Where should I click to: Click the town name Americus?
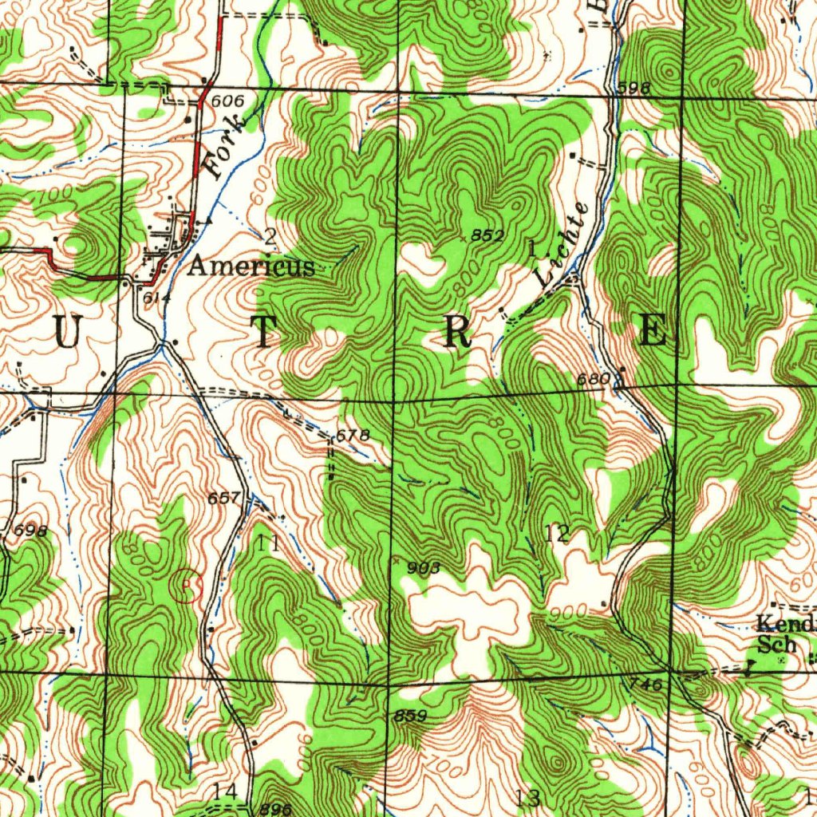(x=251, y=266)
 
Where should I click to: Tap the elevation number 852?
(x=487, y=235)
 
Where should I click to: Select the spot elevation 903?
(x=423, y=568)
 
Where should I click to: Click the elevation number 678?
(x=353, y=436)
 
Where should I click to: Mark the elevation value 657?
(x=223, y=499)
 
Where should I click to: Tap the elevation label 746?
(x=645, y=685)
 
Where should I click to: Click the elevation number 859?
(x=410, y=716)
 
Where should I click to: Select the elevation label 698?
(x=30, y=531)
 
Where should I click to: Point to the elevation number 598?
(x=634, y=88)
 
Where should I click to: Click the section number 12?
(x=557, y=534)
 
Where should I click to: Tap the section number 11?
(x=269, y=544)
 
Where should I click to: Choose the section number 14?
(x=225, y=791)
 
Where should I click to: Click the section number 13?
(x=527, y=797)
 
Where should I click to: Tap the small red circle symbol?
(x=188, y=586)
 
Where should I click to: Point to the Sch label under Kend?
(x=776, y=645)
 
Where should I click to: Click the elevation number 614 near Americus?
(x=152, y=298)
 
